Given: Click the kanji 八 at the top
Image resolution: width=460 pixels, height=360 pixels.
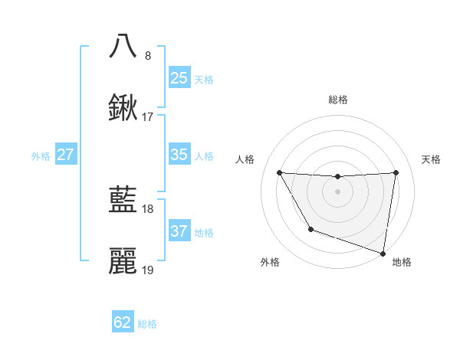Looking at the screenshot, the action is (x=123, y=45).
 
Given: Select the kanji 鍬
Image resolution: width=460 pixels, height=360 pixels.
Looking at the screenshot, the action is (x=123, y=108).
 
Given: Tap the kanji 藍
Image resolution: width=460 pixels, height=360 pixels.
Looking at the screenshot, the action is (x=123, y=200).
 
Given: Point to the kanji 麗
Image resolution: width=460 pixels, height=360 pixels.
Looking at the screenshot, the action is (x=123, y=261).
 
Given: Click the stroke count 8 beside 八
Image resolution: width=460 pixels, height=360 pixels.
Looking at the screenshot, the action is (x=148, y=55).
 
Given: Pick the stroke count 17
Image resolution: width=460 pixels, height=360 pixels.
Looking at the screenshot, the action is (x=148, y=117).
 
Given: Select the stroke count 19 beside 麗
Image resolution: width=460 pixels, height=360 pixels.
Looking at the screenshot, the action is (x=148, y=270).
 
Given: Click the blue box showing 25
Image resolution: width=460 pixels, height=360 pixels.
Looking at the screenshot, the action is (x=179, y=77).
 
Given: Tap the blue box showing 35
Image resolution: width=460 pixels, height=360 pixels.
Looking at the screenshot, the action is (x=179, y=155).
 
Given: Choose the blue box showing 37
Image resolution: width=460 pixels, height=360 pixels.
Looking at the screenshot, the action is (x=179, y=231).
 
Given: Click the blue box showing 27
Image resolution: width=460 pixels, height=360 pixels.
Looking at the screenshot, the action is (x=66, y=155).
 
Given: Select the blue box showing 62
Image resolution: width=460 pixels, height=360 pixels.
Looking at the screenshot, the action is (x=123, y=322).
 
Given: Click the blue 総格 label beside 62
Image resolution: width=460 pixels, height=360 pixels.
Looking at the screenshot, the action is (x=147, y=324).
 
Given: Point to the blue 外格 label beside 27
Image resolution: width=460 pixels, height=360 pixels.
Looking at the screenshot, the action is (x=41, y=156).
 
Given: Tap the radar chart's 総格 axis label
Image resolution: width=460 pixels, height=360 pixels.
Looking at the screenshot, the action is (x=337, y=100).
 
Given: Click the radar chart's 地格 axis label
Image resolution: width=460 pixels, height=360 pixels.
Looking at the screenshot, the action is (x=402, y=262).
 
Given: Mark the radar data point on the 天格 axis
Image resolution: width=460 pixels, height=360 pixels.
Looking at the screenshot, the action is (x=396, y=172).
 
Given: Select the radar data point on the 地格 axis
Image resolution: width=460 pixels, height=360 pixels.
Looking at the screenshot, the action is (x=383, y=253).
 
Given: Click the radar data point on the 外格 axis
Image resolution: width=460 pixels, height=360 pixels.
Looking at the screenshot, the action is (x=310, y=229).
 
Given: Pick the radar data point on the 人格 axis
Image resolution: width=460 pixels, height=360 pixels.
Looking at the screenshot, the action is (x=279, y=172).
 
